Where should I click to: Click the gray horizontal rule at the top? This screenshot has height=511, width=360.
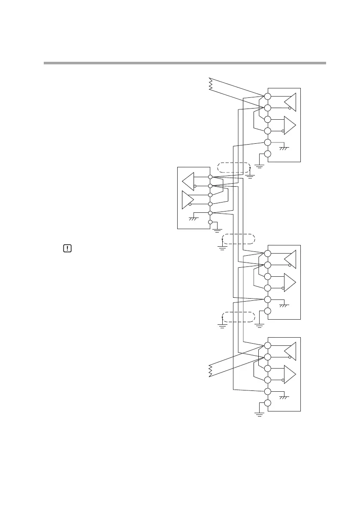tap(185, 63)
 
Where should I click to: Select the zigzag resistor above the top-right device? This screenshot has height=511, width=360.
tap(210, 84)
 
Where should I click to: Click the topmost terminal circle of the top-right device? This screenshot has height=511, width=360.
tap(267, 96)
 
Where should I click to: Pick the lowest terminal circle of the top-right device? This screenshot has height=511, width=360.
tap(267, 154)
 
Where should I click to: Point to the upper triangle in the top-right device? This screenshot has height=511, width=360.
tap(290, 102)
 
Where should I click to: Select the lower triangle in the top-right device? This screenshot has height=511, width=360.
tap(290, 125)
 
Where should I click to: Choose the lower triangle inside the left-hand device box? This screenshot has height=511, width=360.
tap(188, 200)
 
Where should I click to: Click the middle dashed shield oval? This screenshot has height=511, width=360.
tap(238, 239)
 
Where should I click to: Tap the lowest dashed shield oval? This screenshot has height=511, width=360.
tap(238, 317)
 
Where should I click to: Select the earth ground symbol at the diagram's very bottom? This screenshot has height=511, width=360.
tap(259, 414)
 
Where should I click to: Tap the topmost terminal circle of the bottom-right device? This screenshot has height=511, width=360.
tap(267, 346)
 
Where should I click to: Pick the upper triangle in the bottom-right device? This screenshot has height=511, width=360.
tap(290, 351)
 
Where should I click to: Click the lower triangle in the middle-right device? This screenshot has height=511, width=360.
tap(290, 282)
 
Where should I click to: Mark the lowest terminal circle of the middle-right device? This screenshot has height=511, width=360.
tap(267, 311)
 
